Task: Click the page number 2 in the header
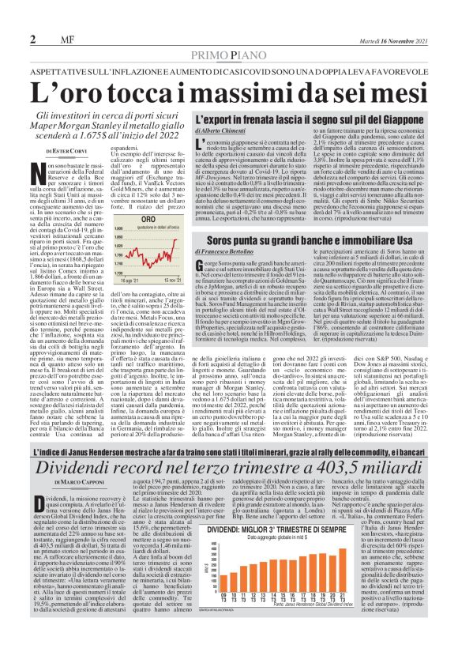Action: [x=32, y=40]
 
